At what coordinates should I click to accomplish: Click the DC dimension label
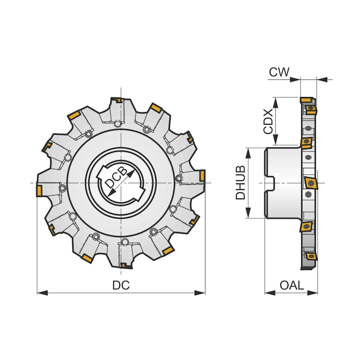point(121,285)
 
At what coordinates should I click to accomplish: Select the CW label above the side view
point(279,72)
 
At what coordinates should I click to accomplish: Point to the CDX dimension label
point(268,122)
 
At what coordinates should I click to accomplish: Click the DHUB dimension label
point(240,182)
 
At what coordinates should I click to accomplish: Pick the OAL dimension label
point(292,285)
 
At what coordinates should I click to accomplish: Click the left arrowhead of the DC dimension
point(42,293)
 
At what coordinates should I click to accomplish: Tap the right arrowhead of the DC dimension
point(200,293)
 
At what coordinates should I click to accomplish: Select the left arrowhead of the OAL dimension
point(270,293)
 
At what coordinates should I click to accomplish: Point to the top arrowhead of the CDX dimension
point(275,103)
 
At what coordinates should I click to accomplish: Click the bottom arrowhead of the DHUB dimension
point(248,212)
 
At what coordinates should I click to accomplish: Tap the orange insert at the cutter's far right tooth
point(202,176)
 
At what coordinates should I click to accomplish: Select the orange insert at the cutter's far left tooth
point(39,191)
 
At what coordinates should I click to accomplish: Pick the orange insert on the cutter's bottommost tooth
point(127,266)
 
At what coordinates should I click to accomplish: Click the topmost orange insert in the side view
point(306,100)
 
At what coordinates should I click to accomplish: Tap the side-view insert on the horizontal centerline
point(311,183)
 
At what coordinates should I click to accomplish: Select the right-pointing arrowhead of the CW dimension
point(295,80)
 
